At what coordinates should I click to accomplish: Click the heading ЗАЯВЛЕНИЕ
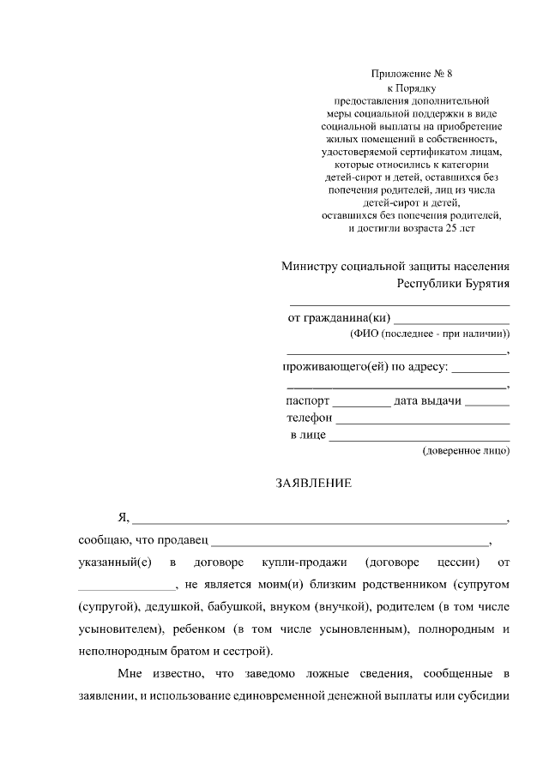click(313, 484)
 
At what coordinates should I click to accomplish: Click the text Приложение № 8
click(408, 75)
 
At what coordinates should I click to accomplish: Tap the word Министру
click(311, 266)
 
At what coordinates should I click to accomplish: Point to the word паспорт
click(307, 400)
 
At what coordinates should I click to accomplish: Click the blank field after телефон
click(423, 420)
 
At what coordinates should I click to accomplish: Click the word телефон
click(309, 418)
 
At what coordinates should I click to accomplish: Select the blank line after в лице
click(419, 438)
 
